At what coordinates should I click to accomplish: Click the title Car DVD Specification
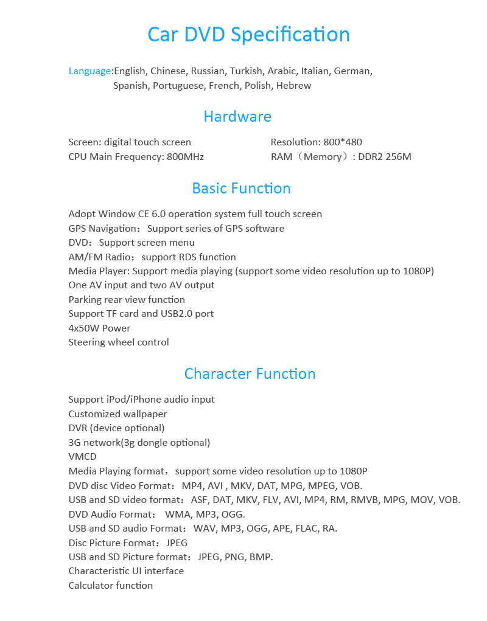point(248,34)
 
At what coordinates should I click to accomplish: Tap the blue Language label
point(89,71)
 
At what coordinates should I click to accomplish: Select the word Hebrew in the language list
point(293,86)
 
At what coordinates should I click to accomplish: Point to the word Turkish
point(246,71)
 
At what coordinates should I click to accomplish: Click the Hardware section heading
point(237,116)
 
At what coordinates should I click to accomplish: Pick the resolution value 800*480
point(343,142)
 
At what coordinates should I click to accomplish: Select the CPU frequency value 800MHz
point(185,157)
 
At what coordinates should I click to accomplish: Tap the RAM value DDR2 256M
point(385,157)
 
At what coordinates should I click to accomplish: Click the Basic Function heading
point(241,189)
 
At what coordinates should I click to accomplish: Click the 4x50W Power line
point(99,328)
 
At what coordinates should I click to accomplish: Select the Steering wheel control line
point(119,342)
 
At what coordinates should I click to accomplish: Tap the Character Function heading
point(250,373)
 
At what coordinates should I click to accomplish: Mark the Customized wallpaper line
point(117,414)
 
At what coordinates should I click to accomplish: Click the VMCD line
point(82,457)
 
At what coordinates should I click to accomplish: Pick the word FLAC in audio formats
point(307,529)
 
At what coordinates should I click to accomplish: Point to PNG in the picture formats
point(234,557)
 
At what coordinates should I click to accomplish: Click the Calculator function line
point(110,586)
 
